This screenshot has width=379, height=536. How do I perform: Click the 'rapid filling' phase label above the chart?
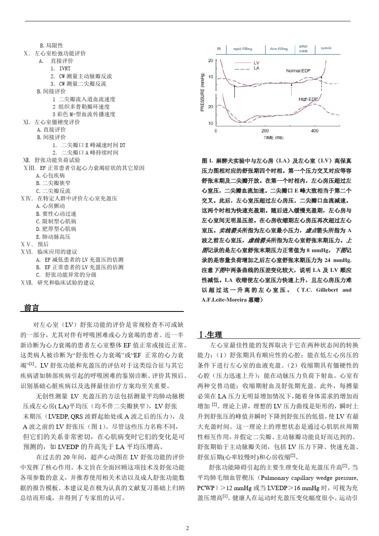[x=243, y=49]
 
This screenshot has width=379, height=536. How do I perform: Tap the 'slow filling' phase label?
[x=278, y=49]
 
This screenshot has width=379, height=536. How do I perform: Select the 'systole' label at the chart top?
[x=326, y=48]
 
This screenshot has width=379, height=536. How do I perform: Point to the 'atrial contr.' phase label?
[x=303, y=49]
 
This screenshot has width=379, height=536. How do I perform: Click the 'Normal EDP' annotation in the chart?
[x=298, y=71]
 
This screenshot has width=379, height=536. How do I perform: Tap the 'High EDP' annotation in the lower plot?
[x=308, y=99]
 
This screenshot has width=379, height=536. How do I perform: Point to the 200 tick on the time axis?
[x=265, y=131]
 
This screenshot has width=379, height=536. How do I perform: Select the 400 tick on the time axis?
[x=315, y=131]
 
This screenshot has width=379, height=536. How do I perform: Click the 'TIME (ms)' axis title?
[x=273, y=138]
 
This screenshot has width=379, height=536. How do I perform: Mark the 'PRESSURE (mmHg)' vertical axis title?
[x=202, y=93]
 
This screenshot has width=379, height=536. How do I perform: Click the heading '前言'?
[x=32, y=308]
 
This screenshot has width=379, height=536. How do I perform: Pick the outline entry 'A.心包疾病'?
[x=50, y=175]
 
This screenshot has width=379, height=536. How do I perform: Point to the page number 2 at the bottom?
[x=188, y=528]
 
